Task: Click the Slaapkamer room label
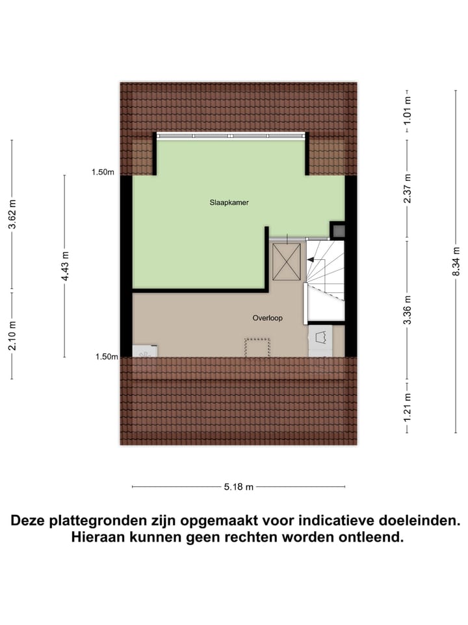click(x=229, y=202)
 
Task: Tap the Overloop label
click(x=266, y=318)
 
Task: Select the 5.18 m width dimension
click(x=239, y=486)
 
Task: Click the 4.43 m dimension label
click(x=64, y=266)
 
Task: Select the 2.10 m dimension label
click(x=12, y=335)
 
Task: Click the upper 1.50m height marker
click(x=103, y=173)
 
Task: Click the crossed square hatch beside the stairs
click(x=287, y=261)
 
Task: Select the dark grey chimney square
click(x=337, y=229)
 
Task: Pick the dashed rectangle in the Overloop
click(x=257, y=347)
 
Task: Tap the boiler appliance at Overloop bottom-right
click(x=320, y=339)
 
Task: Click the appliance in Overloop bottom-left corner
click(x=144, y=351)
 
